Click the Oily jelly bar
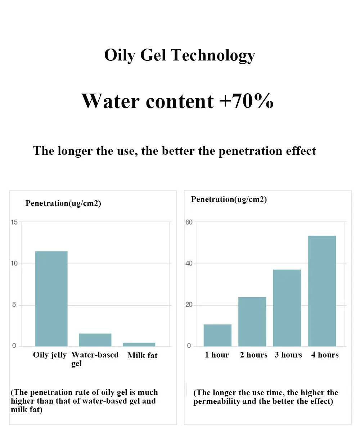point(51,299)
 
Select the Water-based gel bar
point(95,340)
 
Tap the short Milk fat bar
point(139,345)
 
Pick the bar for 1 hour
point(217,335)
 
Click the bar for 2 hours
point(252,321)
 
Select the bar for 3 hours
point(287,308)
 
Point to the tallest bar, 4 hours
point(322,291)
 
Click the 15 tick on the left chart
point(14,222)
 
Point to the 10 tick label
point(14,264)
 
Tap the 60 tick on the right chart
point(189,222)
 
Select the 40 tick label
point(189,264)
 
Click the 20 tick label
point(189,305)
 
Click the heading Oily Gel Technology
point(180,55)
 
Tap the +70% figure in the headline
point(246,101)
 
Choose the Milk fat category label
point(142,356)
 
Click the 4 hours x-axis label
point(325,355)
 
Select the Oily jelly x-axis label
point(50,355)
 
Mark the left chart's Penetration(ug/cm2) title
point(63,203)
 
